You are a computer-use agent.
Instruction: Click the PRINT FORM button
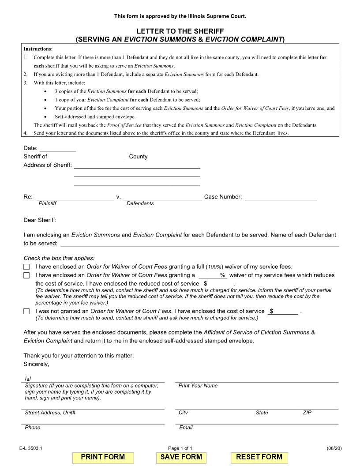coord(103,457)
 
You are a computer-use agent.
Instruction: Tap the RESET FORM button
coord(259,457)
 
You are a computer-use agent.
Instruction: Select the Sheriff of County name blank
coord(88,156)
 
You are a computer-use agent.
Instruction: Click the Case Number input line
coord(281,197)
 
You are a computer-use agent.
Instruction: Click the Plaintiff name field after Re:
coord(75,197)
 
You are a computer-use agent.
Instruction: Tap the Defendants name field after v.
coord(163,197)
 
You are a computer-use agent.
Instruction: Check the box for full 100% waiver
coord(26,267)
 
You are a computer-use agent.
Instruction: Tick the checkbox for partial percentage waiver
coord(26,275)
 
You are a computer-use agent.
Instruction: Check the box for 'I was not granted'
coord(26,312)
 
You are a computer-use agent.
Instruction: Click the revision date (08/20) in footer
coord(334,448)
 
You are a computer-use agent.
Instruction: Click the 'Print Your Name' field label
coord(198,386)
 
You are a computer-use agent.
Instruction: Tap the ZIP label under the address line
coord(307,413)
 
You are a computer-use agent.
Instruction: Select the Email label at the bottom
coord(186,428)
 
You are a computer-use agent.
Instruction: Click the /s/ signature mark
coord(28,379)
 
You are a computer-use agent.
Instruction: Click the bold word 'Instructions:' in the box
coord(38,49)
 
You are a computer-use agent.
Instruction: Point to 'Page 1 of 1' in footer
coord(180,448)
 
